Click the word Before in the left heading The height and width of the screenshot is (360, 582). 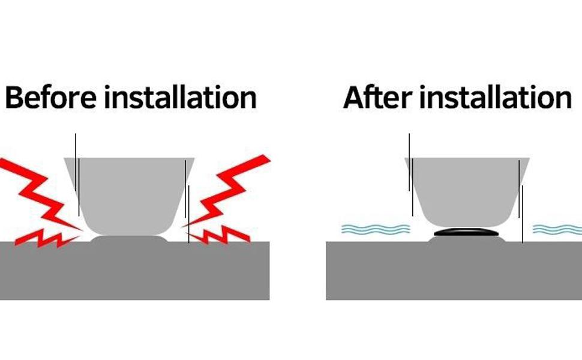(51, 97)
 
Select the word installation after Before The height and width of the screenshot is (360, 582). (181, 97)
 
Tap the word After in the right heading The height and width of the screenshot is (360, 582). (377, 97)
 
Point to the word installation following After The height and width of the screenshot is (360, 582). (496, 97)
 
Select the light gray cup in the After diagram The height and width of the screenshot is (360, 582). (467, 192)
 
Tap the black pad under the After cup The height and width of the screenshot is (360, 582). (467, 232)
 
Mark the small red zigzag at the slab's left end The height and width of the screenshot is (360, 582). (47, 238)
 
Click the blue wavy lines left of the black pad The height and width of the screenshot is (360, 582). (376, 229)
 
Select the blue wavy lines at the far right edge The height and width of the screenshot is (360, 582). (557, 229)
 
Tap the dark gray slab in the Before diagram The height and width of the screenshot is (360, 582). (135, 271)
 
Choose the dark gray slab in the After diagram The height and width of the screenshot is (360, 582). (454, 271)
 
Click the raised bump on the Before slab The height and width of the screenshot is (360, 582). (129, 239)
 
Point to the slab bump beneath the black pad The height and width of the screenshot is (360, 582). (467, 239)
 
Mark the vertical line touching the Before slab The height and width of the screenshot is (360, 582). (188, 215)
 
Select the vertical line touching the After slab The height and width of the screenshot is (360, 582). (523, 215)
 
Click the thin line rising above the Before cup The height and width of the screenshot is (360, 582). (76, 163)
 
